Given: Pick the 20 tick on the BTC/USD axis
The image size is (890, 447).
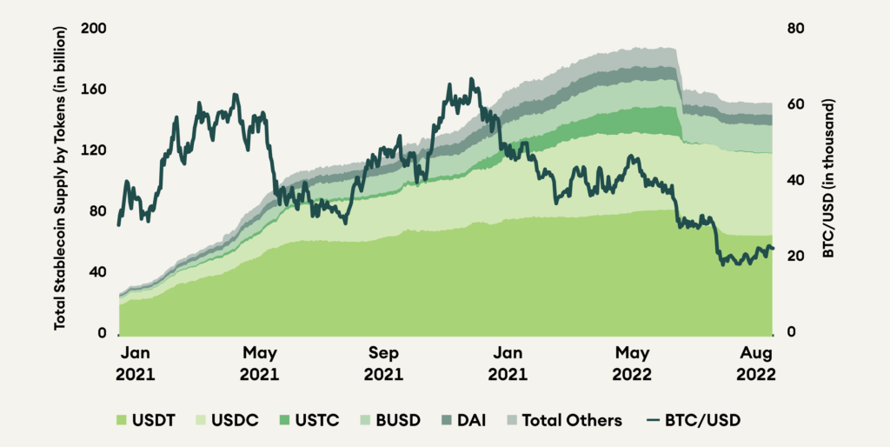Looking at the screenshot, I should point(796,257).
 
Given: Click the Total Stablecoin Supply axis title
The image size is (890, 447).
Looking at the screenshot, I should point(61,181).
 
